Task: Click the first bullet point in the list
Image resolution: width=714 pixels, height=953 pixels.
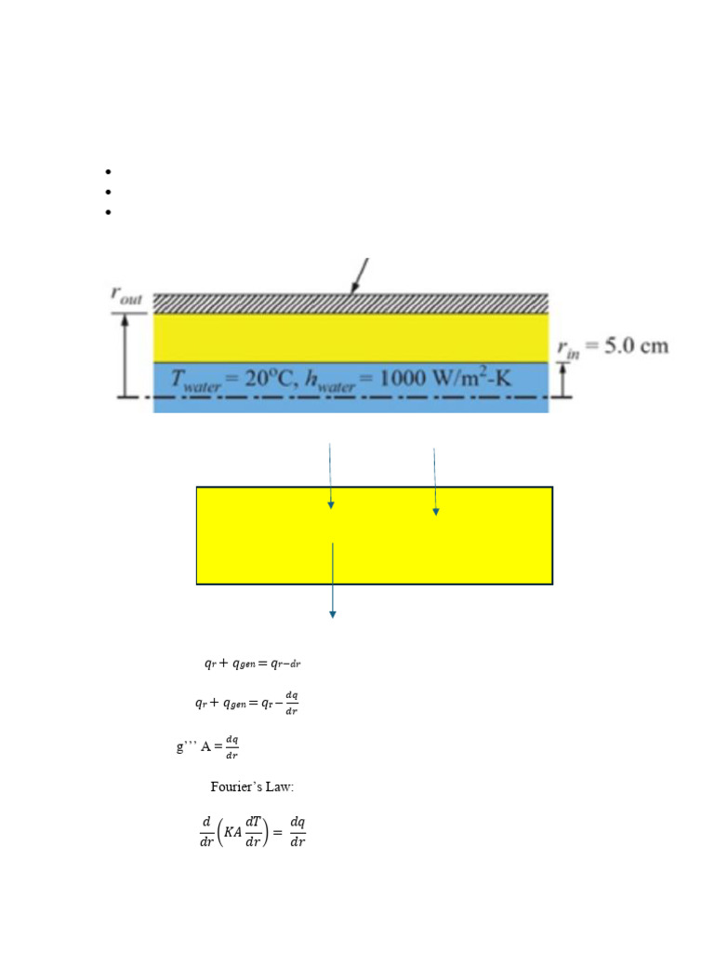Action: pyautogui.click(x=109, y=172)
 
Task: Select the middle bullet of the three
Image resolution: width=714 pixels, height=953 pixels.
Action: pyautogui.click(x=109, y=192)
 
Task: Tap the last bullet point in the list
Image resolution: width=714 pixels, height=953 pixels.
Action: pyautogui.click(x=109, y=212)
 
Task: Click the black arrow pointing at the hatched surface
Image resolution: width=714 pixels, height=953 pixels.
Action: pyautogui.click(x=360, y=275)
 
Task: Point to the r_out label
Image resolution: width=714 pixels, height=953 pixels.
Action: pyautogui.click(x=127, y=296)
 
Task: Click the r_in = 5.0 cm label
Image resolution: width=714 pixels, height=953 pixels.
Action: pyautogui.click(x=612, y=346)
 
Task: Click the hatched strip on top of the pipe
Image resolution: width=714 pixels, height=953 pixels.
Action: pyautogui.click(x=350, y=303)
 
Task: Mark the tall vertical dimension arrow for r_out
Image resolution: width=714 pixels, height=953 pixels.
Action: pyautogui.click(x=124, y=355)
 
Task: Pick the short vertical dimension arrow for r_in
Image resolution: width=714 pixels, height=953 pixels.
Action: pyautogui.click(x=563, y=378)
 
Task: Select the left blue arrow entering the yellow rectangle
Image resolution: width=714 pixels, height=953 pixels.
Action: pyautogui.click(x=330, y=476)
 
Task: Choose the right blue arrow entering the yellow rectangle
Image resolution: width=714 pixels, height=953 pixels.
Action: pyautogui.click(x=434, y=481)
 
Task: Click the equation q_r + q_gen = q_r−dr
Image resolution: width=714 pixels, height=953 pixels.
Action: pyautogui.click(x=252, y=664)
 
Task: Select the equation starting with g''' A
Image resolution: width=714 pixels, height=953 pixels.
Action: pyautogui.click(x=207, y=746)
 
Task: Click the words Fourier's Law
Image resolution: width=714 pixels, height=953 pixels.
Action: pyautogui.click(x=252, y=787)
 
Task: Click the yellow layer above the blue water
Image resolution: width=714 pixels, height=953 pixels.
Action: pyautogui.click(x=350, y=337)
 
